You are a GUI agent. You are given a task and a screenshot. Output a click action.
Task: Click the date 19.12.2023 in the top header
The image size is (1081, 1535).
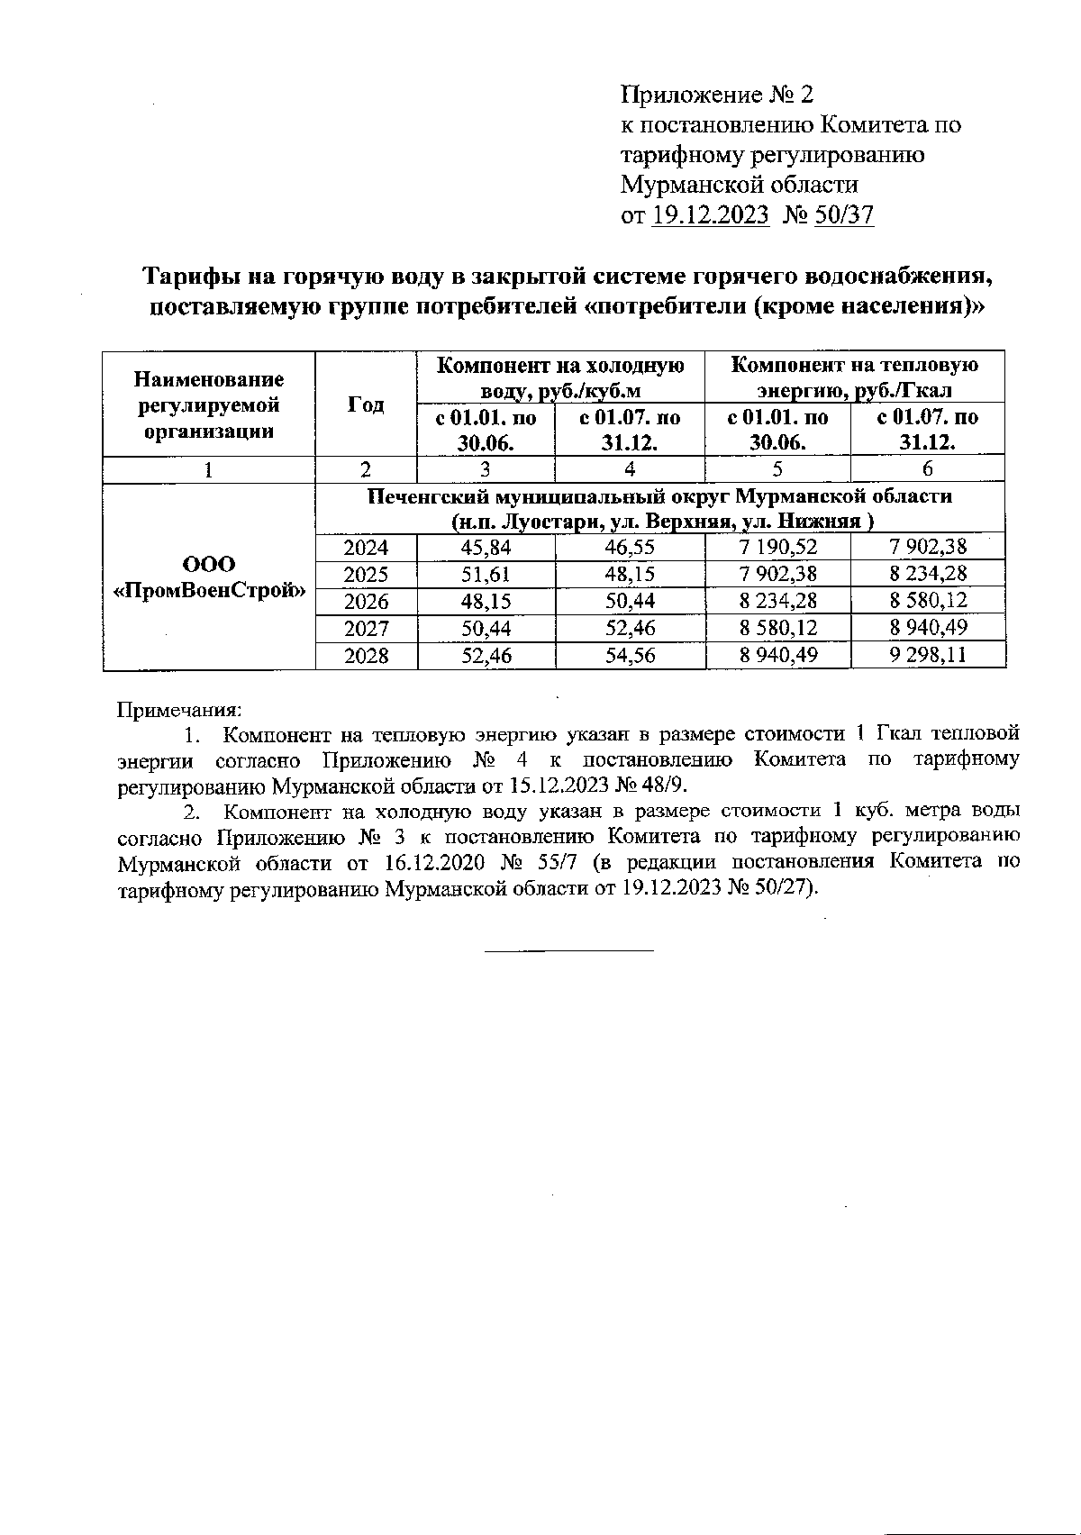[x=710, y=214]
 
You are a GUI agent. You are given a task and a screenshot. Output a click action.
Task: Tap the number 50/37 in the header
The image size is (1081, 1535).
[x=843, y=214]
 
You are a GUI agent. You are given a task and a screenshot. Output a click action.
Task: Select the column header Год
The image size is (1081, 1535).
[x=366, y=404]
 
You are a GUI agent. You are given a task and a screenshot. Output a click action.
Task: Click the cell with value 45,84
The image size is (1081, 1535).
[x=486, y=547]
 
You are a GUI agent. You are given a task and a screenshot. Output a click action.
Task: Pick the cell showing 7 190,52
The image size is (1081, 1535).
[x=777, y=547]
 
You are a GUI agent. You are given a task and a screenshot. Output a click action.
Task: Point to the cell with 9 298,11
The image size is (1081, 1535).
[x=928, y=655]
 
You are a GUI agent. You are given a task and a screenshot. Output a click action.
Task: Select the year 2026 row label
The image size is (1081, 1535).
[x=366, y=601]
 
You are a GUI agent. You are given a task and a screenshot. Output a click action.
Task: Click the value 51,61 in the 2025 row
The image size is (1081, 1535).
[x=486, y=574]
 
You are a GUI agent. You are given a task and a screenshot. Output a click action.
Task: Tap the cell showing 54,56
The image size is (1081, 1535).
[x=630, y=655]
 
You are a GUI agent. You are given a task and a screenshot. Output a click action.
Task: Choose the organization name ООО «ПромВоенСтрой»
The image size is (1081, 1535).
[x=210, y=577]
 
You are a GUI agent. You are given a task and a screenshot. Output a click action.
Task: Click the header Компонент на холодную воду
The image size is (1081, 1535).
[x=559, y=377]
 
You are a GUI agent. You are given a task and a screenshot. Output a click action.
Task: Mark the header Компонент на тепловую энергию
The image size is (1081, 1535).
[x=854, y=377]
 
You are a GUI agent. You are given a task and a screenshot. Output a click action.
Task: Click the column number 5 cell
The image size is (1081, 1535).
[x=777, y=468]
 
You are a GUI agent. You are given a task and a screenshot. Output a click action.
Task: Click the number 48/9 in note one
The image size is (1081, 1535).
[x=666, y=786]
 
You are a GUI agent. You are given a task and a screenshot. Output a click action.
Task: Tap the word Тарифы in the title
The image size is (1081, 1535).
[x=186, y=275]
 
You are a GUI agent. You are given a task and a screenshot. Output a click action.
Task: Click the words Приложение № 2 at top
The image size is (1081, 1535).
[x=717, y=95]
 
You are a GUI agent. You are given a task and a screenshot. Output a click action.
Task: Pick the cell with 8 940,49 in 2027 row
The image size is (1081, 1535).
[x=928, y=628]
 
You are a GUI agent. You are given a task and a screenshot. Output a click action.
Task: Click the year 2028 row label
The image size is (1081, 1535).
[x=366, y=655]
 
